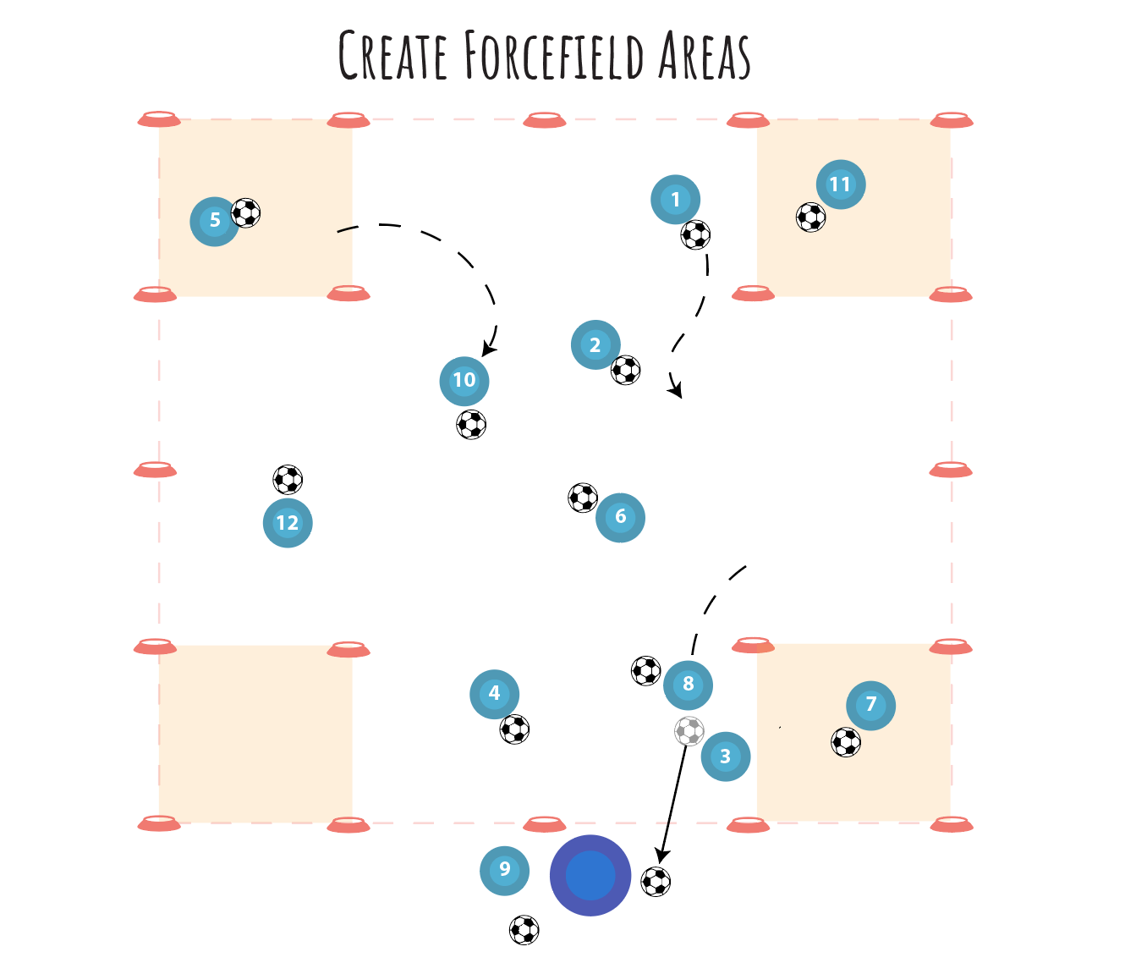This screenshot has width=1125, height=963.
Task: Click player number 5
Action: [215, 221]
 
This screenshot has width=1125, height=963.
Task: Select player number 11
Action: [840, 184]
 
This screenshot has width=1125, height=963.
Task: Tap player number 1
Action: [675, 200]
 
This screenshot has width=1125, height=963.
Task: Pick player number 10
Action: [464, 381]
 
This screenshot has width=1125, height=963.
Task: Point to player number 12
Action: [288, 523]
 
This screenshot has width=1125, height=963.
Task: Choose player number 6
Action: [620, 517]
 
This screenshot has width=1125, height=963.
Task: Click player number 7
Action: [870, 705]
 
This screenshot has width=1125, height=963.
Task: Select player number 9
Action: [504, 870]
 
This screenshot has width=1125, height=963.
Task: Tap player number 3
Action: [725, 757]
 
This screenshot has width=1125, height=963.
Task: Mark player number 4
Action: [494, 694]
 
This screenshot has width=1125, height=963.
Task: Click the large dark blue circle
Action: [590, 875]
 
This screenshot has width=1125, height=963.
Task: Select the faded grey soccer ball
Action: [689, 731]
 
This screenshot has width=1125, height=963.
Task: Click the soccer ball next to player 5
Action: [246, 212]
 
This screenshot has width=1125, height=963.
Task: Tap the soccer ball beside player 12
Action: [288, 480]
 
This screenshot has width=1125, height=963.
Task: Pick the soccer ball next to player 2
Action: [626, 370]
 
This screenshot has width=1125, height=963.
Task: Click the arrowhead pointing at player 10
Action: [488, 349]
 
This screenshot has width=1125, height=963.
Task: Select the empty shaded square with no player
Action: [255, 733]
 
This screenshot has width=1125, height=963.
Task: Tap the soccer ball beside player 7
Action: [846, 742]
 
